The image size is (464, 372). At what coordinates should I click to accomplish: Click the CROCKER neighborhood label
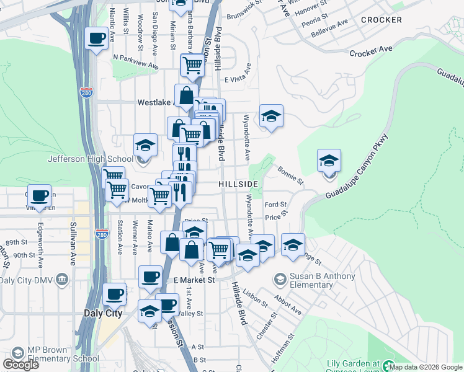point(381,20)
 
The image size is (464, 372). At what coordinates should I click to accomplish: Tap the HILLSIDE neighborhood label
point(238,185)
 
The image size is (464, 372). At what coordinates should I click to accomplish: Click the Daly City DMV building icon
point(61,280)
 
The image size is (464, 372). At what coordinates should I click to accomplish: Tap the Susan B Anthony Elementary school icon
point(280,280)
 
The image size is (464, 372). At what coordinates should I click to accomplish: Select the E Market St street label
point(194,280)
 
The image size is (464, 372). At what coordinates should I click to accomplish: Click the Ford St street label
point(275,205)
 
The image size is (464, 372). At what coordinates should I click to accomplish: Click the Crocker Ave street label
point(371,52)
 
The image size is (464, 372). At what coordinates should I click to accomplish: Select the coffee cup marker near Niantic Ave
point(96,40)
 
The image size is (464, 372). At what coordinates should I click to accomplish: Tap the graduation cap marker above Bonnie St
point(329,162)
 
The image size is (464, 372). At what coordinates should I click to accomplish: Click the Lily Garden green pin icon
point(389,366)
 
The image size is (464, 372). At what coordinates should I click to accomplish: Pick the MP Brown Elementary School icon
point(17,353)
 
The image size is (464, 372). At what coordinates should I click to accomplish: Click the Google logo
point(20,365)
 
